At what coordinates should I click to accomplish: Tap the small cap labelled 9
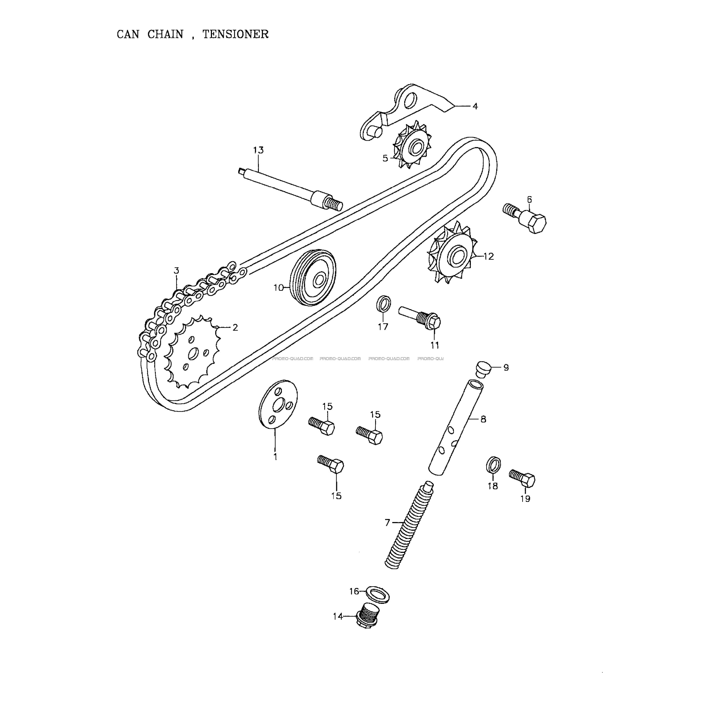coord(483,369)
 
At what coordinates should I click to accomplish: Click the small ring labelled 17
coord(383,304)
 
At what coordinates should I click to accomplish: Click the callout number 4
coord(475,106)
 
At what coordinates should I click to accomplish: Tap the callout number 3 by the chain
coord(176,271)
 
